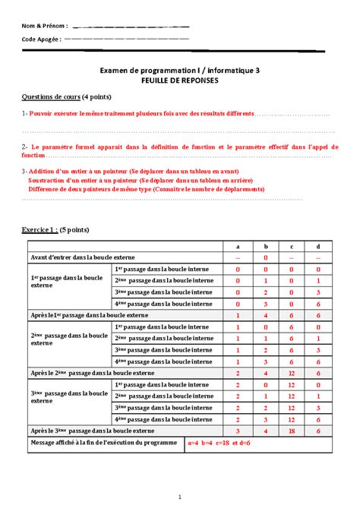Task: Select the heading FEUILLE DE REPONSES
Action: click(179, 79)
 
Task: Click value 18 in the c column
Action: click(292, 430)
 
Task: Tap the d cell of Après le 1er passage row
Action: click(317, 314)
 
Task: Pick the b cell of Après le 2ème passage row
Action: click(266, 372)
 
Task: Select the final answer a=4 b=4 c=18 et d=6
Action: click(219, 442)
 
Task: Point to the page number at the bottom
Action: click(178, 497)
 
